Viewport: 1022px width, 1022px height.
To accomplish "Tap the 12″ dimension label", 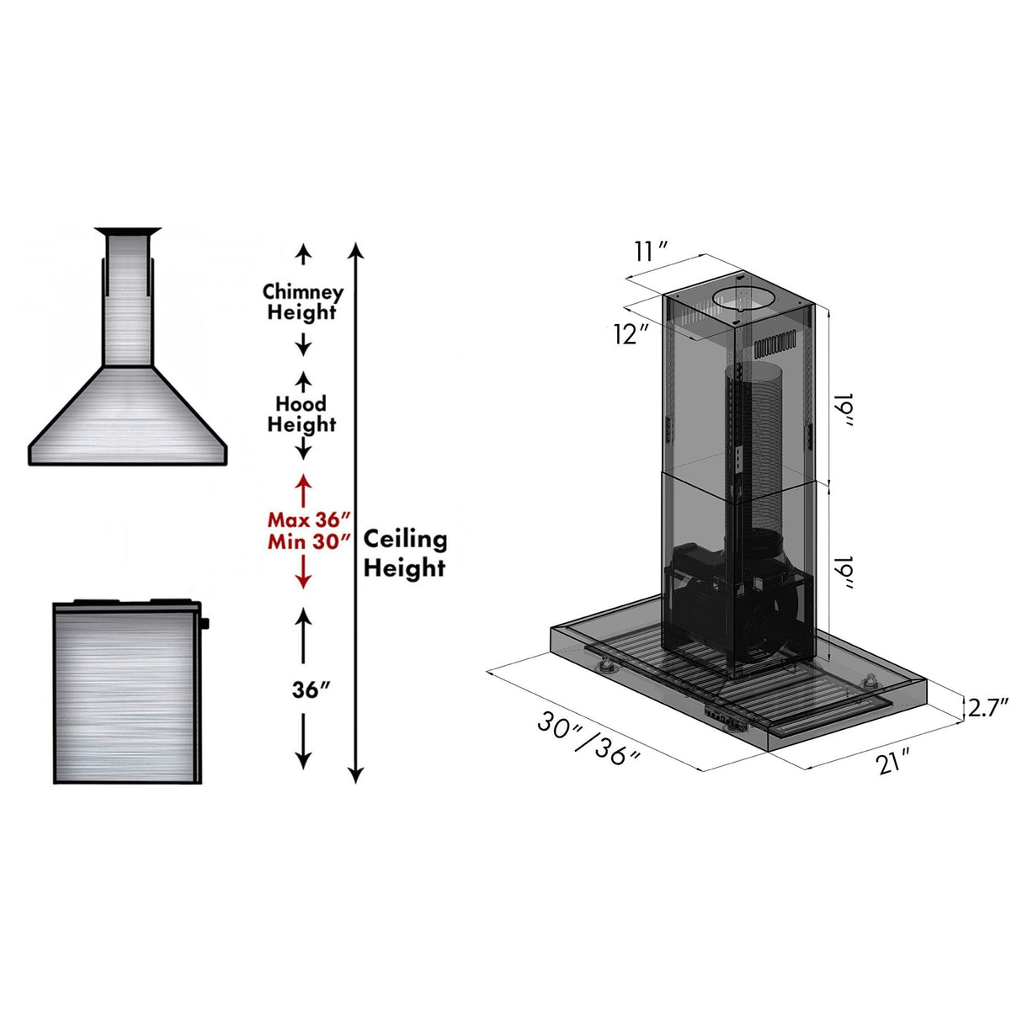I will (631, 334).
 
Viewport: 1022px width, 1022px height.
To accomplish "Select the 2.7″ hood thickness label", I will (987, 708).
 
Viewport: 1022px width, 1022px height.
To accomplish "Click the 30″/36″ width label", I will (590, 739).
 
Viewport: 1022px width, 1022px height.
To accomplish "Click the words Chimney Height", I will (303, 302).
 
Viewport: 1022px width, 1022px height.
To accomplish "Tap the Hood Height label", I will (301, 414).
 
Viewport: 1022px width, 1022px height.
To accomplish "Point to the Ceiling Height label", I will (405, 553).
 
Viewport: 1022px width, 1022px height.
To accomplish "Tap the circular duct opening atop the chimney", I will (743, 299).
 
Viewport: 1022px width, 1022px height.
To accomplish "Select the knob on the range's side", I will (205, 624).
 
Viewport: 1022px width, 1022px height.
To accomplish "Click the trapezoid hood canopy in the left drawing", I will (128, 417).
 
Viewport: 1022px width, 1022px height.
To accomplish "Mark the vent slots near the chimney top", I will (774, 345).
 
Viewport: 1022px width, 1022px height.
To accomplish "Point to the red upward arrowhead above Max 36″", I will (303, 482).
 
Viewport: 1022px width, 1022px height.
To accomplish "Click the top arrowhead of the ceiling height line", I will (356, 250).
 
